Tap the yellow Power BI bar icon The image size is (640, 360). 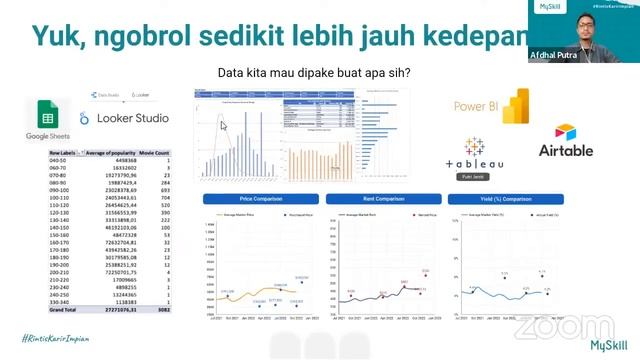516,106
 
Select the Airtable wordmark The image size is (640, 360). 566,151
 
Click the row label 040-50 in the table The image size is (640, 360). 59,160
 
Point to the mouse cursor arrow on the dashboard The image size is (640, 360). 224,126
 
